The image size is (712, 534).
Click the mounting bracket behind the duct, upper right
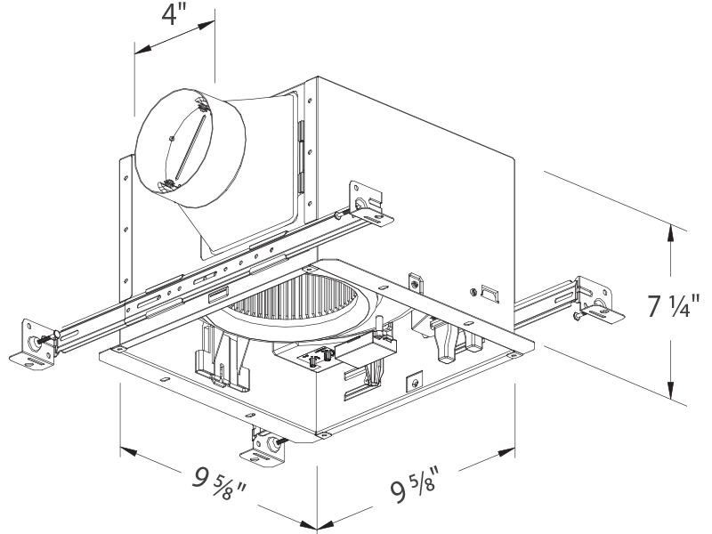365,201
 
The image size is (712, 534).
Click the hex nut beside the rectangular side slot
472,288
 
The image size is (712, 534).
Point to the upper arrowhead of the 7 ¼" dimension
670,233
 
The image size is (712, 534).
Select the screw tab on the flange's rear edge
414,280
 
